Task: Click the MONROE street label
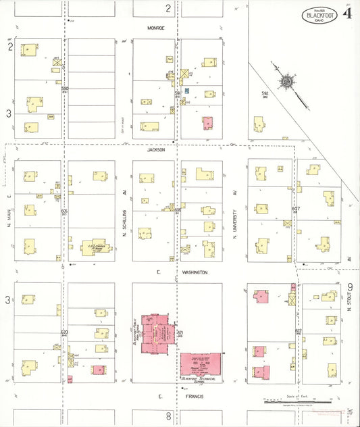pos(156,28)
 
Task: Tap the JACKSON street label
pos(156,150)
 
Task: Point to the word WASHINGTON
pos(195,272)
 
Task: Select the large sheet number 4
pos(348,13)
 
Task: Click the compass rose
pos(287,82)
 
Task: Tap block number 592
pos(265,93)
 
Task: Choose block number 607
pos(296,209)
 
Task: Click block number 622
pos(298,331)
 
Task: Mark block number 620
pos(64,332)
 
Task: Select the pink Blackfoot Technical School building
pos(201,366)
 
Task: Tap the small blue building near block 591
pos(187,91)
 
